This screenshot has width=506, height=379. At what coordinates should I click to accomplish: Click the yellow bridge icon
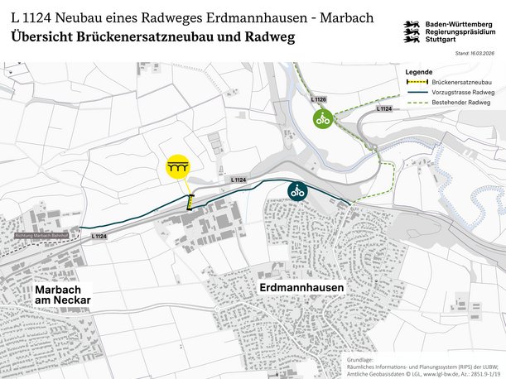coord(176,167)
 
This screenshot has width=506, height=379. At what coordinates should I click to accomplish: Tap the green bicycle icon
coord(322,119)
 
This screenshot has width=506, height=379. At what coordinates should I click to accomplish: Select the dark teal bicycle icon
coord(297,191)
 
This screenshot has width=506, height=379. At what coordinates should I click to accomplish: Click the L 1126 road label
coord(319,100)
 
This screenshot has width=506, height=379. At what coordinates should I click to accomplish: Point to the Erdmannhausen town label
coord(301,287)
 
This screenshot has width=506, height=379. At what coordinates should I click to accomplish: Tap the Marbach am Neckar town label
coord(62,295)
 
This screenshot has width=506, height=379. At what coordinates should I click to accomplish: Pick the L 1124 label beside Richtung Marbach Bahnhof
coord(98,236)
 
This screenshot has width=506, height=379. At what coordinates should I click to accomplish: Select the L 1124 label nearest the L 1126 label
coord(383,108)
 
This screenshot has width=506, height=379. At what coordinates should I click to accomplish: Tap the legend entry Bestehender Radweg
coord(457,103)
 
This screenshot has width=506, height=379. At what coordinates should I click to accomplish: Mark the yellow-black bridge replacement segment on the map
coord(190,202)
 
